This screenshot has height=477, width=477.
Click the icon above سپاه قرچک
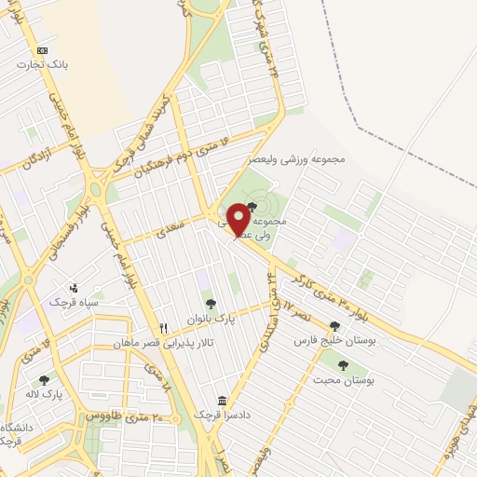coord(74,288)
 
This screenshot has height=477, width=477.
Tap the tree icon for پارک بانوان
coord(211,304)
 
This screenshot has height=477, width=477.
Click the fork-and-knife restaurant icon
coord(165,328)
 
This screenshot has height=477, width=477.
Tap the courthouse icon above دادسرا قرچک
coord(221,399)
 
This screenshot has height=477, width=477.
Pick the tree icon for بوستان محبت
coord(343,366)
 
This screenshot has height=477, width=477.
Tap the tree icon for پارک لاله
coord(44,380)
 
